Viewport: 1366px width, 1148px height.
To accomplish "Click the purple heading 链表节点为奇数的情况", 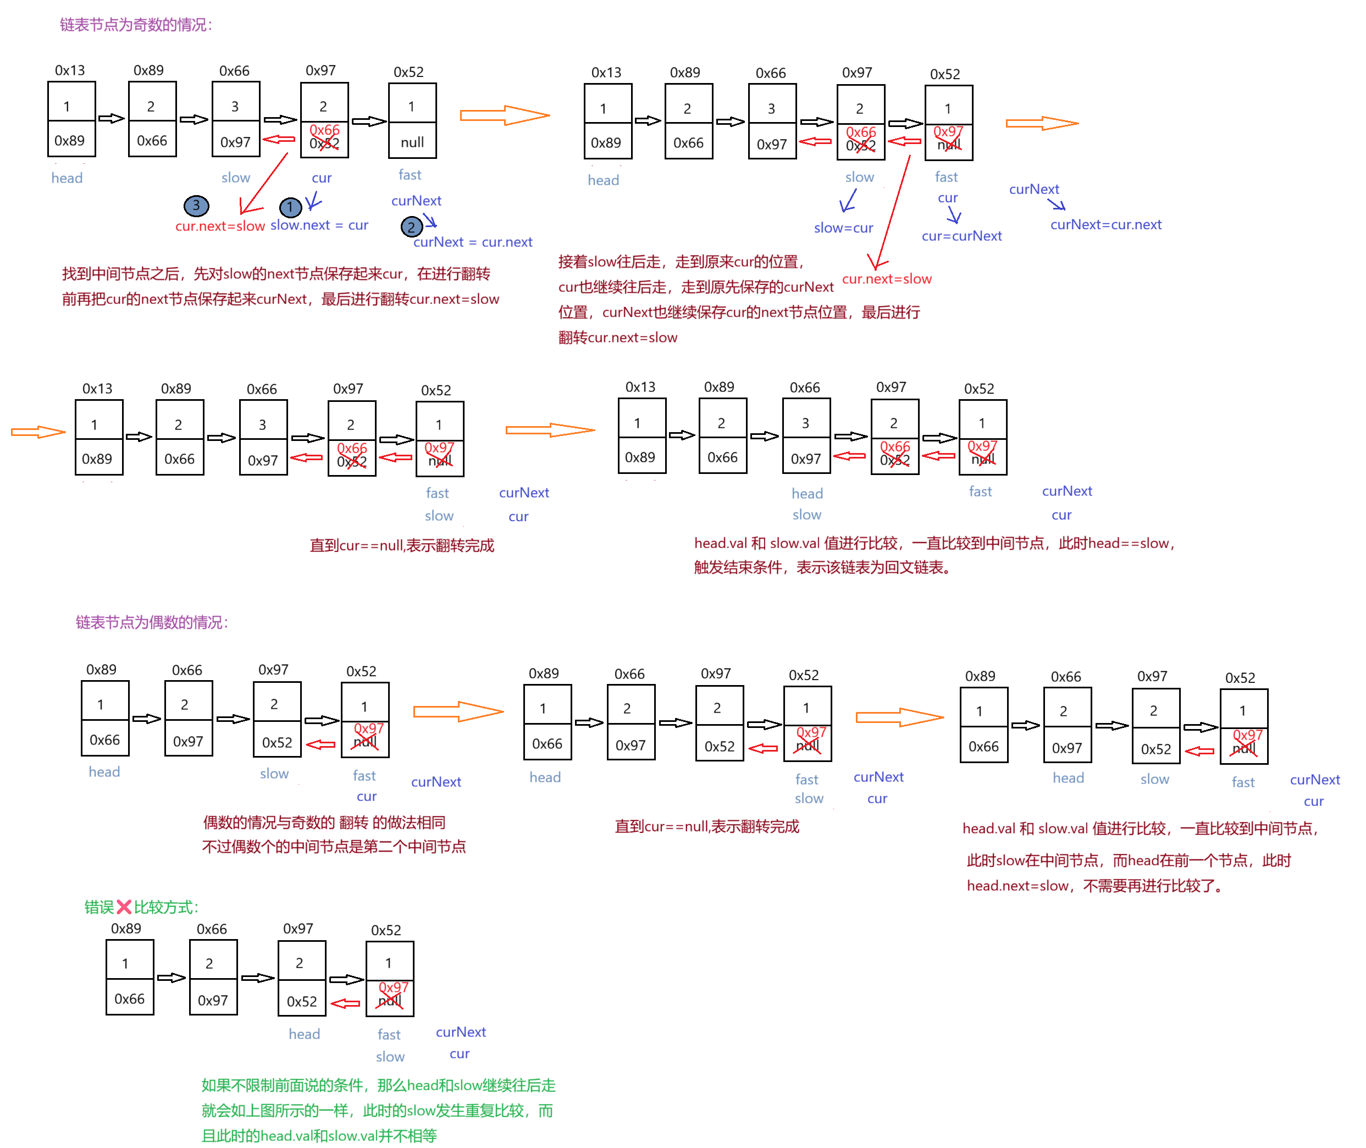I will [x=135, y=25].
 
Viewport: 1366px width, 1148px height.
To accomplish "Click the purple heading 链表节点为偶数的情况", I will [x=151, y=623].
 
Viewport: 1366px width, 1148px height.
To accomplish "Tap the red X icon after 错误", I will [x=124, y=907].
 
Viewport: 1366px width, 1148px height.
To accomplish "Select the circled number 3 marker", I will [x=196, y=206].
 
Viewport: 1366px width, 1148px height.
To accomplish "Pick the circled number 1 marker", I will [x=290, y=207].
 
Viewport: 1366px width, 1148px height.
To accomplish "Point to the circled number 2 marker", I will [x=411, y=227].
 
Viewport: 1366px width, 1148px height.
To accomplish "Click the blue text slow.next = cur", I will [x=319, y=225].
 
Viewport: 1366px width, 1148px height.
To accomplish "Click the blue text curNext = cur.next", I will [x=473, y=242].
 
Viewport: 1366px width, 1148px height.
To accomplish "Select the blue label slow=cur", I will [x=843, y=228].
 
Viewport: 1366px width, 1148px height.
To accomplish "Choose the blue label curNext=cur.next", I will [x=1105, y=224].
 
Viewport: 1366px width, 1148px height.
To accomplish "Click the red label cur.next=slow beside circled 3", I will [x=220, y=226].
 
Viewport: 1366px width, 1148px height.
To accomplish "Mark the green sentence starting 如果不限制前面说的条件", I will [x=378, y=1085].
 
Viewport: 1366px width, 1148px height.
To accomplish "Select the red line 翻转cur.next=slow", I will [x=618, y=338].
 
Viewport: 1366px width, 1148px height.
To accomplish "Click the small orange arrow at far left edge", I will [x=38, y=432].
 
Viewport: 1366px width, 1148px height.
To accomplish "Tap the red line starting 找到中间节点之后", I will [x=276, y=274].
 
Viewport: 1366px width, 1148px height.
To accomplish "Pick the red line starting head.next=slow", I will [x=1093, y=886].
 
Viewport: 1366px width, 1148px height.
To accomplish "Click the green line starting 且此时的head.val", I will [x=319, y=1136].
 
